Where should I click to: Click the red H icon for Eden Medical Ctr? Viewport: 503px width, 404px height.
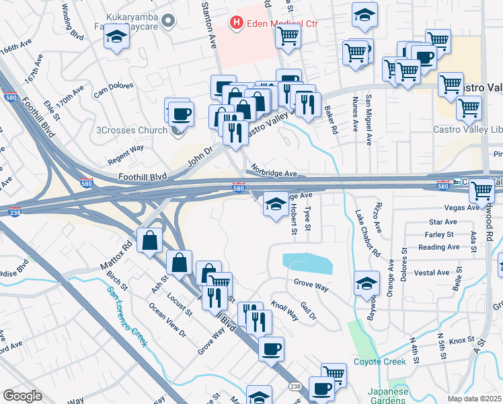(237, 24)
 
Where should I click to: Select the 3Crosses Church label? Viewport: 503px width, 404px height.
(132, 129)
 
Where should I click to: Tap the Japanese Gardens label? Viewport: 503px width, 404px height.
(388, 395)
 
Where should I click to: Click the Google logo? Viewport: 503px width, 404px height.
(22, 396)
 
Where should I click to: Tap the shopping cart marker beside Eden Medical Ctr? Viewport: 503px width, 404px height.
(288, 37)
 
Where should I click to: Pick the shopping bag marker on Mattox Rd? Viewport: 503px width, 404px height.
(149, 240)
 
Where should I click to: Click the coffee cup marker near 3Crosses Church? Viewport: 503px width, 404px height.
(180, 112)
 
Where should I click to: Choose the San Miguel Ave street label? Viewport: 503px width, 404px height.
(369, 120)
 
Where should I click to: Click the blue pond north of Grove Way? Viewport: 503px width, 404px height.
(307, 263)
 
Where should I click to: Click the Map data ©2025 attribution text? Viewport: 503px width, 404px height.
(475, 399)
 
